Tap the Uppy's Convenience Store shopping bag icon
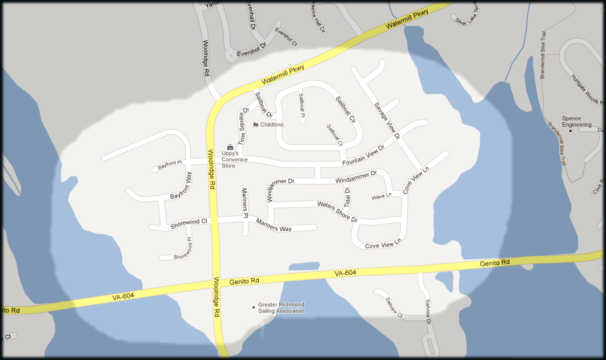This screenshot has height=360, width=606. [230, 147]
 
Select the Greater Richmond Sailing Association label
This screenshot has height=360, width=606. [281, 308]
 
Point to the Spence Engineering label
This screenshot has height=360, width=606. [576, 122]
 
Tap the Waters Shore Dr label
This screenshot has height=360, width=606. [337, 211]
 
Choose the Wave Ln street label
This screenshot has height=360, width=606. [382, 196]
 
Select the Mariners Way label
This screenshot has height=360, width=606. [274, 225]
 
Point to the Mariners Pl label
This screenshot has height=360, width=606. [244, 203]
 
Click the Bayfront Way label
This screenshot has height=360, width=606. [181, 186]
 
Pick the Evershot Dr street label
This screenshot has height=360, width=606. [252, 50]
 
